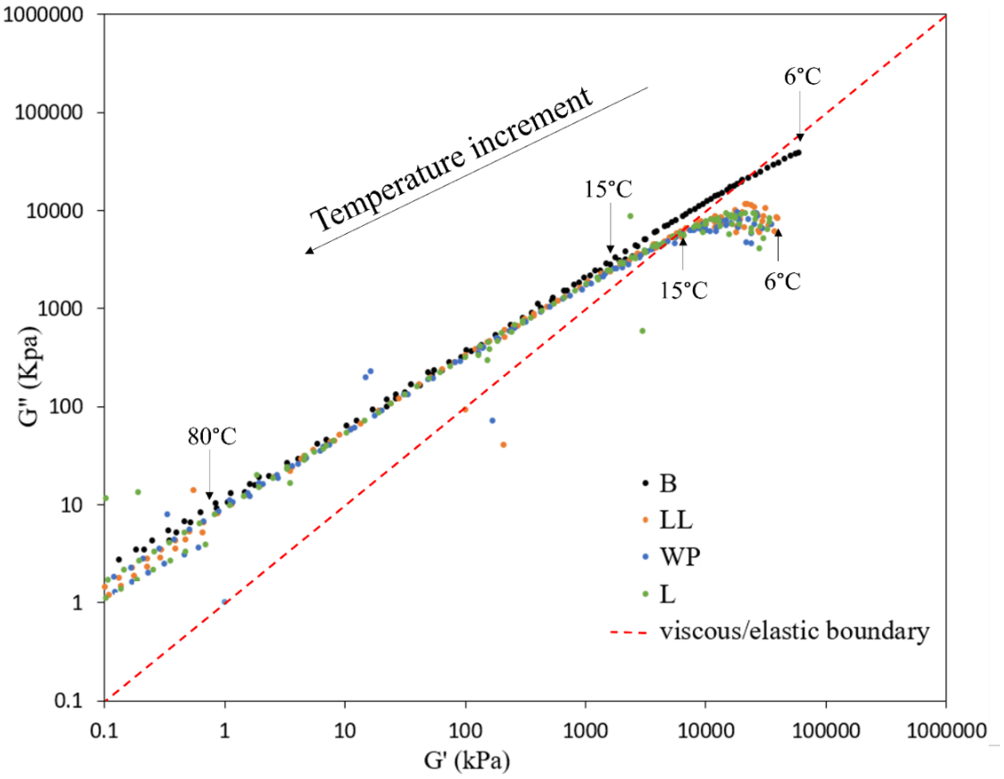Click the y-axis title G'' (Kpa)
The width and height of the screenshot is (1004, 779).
(x=31, y=377)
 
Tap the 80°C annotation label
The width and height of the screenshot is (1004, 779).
(x=212, y=436)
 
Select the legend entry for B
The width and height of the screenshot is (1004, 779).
(x=668, y=483)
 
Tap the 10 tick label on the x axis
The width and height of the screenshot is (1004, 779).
(x=345, y=730)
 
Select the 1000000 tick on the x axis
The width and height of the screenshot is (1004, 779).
(x=946, y=730)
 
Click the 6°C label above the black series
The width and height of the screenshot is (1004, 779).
(x=802, y=76)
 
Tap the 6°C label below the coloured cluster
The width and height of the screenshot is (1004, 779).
(x=782, y=281)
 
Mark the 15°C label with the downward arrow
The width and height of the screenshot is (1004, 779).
(x=608, y=189)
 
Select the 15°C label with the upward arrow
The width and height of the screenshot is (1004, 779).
(x=684, y=290)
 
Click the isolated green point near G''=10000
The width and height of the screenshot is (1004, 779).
(x=630, y=216)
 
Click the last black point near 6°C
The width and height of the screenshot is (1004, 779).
(x=799, y=152)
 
